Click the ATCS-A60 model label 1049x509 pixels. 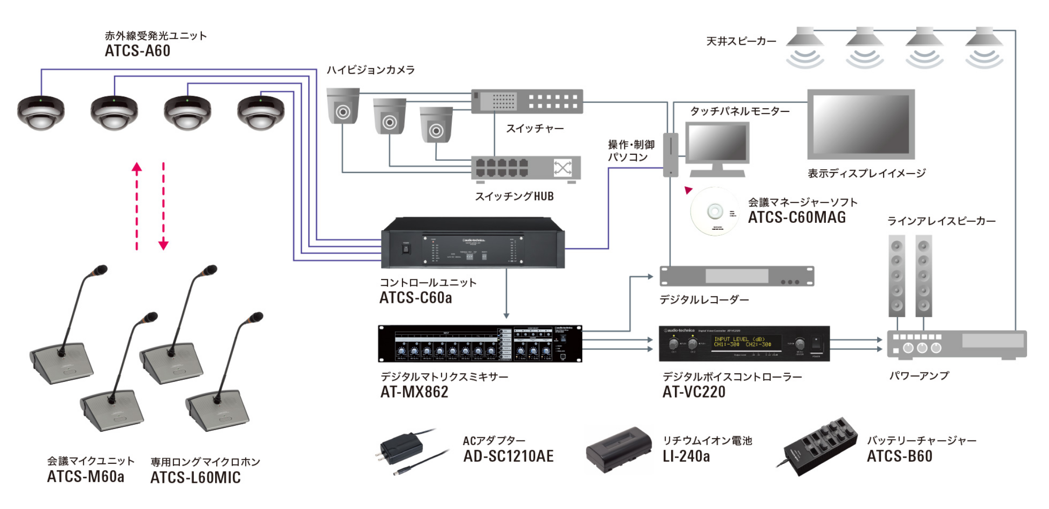tap(137, 51)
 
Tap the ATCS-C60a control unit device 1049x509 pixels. tap(472, 243)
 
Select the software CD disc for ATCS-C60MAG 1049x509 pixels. tap(715, 212)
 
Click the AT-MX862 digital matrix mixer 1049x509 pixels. tap(480, 344)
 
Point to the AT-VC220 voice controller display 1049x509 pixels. tap(742, 342)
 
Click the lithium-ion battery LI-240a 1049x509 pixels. tap(618, 450)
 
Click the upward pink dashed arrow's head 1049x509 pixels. tap(136, 168)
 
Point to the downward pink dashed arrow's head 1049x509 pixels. tap(163, 244)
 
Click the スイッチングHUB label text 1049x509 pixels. tap(514, 197)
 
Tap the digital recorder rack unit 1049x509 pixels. tap(736, 276)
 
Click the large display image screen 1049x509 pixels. tap(861, 124)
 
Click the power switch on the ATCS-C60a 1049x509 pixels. tap(406, 248)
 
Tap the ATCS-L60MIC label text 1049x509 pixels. tap(195, 478)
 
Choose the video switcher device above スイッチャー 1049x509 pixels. tap(527, 101)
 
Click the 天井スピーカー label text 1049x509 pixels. tap(741, 41)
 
